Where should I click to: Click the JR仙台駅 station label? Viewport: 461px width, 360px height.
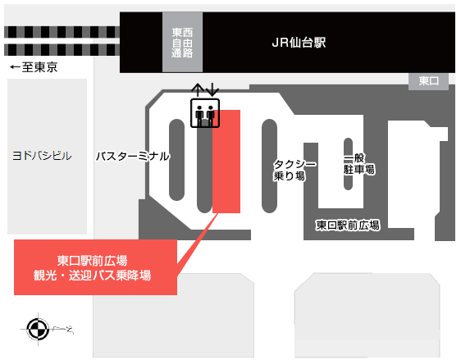(x=299, y=43)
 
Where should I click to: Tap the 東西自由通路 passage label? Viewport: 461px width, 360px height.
(x=182, y=43)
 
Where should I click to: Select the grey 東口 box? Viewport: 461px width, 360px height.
(x=428, y=81)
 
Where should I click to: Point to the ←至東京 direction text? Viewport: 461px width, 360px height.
(x=34, y=67)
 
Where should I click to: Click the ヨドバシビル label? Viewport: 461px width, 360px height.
(x=42, y=156)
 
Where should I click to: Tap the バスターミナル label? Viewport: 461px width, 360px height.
(x=133, y=156)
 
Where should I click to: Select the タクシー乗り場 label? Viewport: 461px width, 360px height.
(x=295, y=170)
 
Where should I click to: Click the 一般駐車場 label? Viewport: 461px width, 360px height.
(x=359, y=164)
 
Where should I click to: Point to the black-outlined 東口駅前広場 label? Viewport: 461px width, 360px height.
(x=348, y=226)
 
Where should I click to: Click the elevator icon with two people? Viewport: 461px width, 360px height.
(x=205, y=113)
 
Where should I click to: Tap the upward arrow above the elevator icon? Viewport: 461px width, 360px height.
(x=199, y=90)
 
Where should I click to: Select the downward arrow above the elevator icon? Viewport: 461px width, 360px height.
(x=212, y=89)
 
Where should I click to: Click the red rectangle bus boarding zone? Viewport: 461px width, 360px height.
(x=226, y=162)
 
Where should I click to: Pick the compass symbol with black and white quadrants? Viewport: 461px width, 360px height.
(x=38, y=329)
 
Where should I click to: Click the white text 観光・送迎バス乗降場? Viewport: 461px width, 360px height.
(x=93, y=276)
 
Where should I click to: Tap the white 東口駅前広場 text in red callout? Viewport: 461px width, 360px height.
(x=93, y=261)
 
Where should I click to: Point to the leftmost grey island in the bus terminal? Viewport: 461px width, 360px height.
(x=176, y=160)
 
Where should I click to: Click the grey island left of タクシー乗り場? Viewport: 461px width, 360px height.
(x=269, y=166)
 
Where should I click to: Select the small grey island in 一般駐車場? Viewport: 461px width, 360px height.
(x=348, y=164)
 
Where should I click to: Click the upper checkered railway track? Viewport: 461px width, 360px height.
(x=62, y=32)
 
